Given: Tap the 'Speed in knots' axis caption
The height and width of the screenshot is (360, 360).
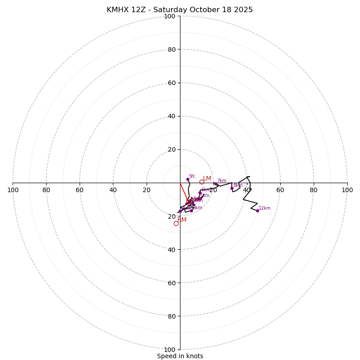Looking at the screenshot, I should click(180, 356).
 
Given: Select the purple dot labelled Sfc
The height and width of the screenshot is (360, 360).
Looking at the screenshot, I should click(188, 179).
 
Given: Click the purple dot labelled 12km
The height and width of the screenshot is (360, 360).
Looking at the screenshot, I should click(257, 211).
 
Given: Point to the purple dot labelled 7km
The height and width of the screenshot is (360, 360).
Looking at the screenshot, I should click(216, 184).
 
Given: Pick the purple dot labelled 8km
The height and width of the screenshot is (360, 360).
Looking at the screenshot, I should click(232, 188).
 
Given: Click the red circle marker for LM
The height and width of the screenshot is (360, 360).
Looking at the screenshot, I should click(202, 182).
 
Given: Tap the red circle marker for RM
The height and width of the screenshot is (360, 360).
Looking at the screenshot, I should click(176, 223).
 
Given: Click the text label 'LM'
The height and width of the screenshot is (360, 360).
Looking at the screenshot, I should click(207, 179).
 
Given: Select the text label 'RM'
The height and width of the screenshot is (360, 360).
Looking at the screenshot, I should click(182, 220).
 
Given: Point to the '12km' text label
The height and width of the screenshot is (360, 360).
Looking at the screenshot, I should click(265, 208).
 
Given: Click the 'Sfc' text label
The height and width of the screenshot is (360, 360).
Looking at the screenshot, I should click(192, 176).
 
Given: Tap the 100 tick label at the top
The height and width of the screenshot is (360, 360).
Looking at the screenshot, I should click(169, 17).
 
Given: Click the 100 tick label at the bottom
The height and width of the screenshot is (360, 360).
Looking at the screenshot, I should click(169, 350).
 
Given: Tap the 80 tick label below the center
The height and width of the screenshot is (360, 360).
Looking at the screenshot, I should click(171, 316).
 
